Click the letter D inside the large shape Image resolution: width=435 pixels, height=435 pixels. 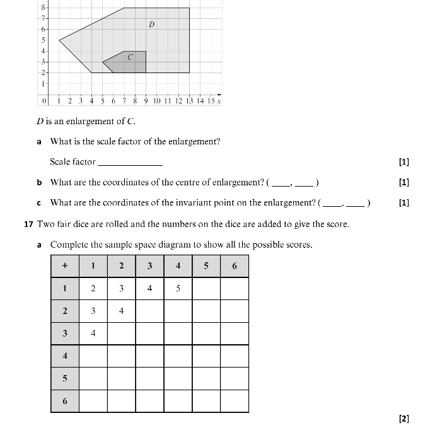pos(152,25)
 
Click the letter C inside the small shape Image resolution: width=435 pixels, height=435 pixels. pos(130,57)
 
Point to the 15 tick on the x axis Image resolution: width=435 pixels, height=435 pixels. pos(211,101)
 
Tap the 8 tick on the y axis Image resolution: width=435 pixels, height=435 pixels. pos(43,8)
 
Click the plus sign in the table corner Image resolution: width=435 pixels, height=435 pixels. pos(64,266)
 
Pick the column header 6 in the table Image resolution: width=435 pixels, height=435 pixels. pos(235,266)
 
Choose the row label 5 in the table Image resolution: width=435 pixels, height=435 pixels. pos(64,379)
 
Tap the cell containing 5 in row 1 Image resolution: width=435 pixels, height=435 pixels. pos(178,289)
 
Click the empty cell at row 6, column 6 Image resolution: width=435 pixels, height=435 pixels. pos(235,401)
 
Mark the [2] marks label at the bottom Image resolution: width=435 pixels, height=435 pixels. pos(404,419)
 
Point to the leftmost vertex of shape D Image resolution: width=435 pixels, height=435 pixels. pos(59,40)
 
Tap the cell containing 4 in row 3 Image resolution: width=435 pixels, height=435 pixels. pos(93,333)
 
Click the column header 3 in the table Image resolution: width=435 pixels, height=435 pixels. pos(149,266)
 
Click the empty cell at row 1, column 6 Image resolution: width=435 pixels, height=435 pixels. pos(235,289)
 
